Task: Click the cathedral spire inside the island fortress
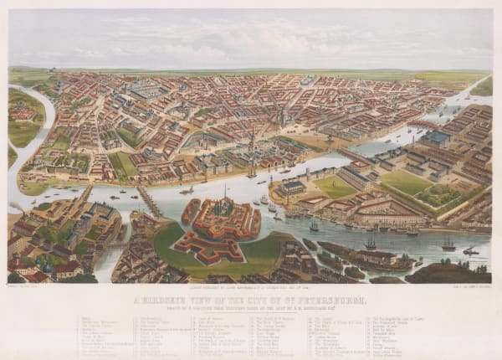[x=223, y=201]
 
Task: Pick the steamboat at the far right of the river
[x=471, y=250]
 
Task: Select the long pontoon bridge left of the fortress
[x=149, y=202]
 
